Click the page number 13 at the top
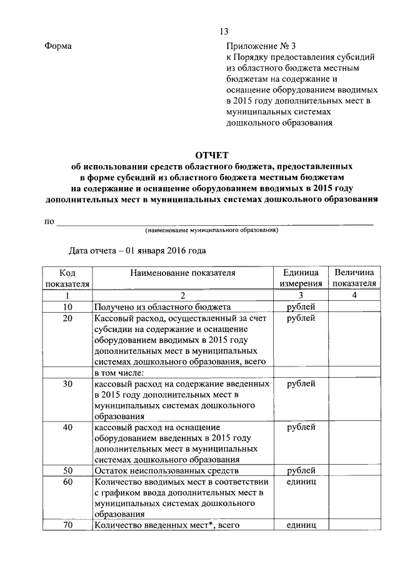(224, 32)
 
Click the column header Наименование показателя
(182, 273)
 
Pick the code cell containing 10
(67, 306)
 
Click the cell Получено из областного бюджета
(162, 306)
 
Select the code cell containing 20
(67, 318)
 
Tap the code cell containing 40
(67, 427)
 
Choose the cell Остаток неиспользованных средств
(167, 471)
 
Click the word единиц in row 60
(301, 482)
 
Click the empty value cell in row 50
(354, 471)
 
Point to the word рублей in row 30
(301, 383)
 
